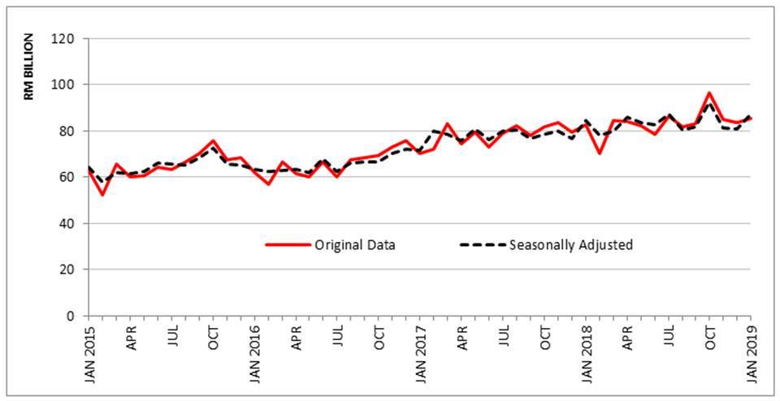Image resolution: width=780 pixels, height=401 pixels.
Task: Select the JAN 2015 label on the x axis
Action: point(89,352)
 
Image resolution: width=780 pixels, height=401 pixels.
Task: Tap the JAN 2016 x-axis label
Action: point(255,352)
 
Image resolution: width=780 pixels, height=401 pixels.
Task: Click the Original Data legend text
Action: point(355,244)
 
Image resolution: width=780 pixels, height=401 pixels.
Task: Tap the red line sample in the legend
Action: point(288,244)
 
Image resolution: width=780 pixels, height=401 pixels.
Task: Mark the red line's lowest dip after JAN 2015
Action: point(102,194)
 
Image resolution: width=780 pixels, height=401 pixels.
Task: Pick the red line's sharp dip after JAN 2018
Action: point(600,153)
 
